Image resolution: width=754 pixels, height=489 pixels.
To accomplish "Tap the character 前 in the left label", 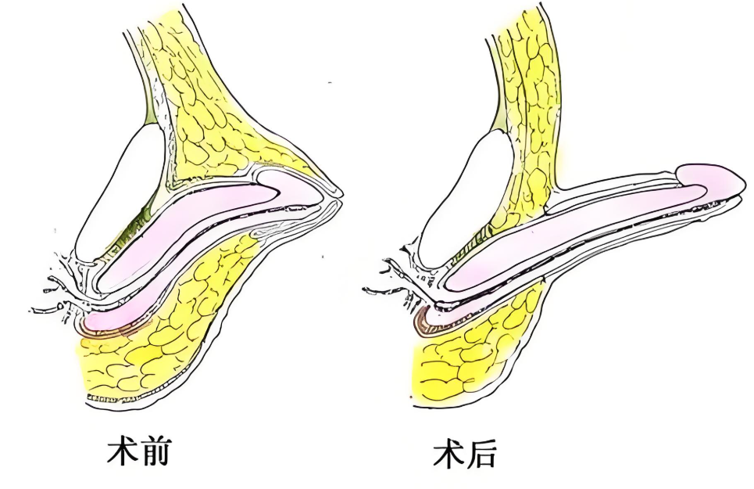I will [x=154, y=451].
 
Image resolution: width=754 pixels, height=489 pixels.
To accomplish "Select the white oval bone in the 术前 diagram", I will [x=120, y=191].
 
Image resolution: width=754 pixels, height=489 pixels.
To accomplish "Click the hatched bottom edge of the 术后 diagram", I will [x=445, y=400].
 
